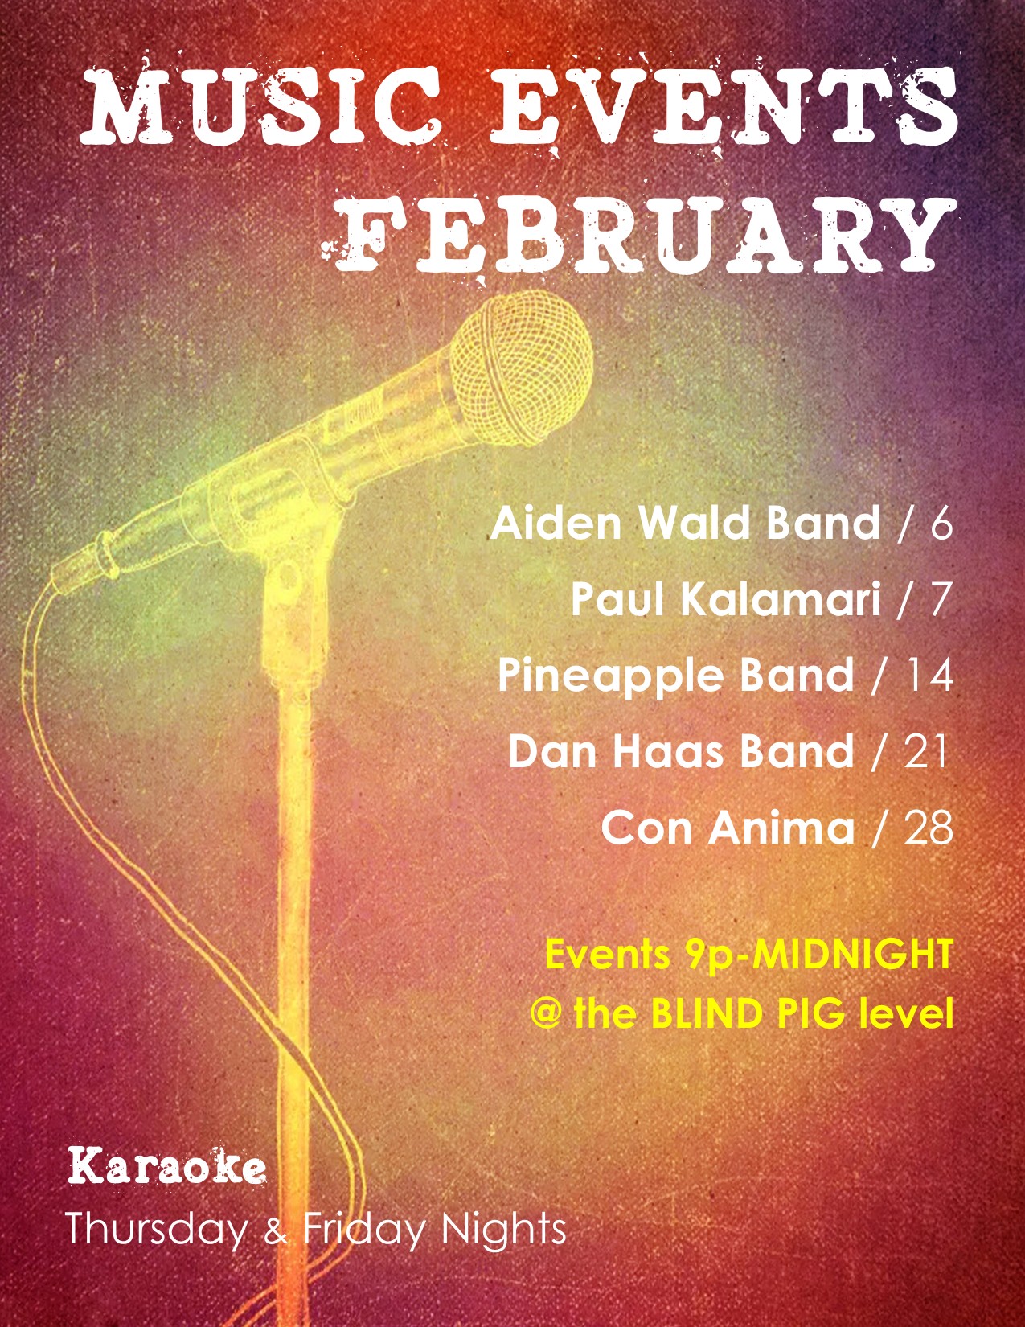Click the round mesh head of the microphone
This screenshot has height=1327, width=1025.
(x=521, y=368)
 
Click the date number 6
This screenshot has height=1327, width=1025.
(x=941, y=524)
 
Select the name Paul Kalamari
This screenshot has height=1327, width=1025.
(x=726, y=600)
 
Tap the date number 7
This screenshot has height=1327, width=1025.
(x=941, y=600)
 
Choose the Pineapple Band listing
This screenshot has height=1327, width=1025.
(x=676, y=676)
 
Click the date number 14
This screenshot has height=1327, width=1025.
(x=928, y=676)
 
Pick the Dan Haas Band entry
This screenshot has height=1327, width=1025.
(x=681, y=751)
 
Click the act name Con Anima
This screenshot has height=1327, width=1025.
(x=728, y=828)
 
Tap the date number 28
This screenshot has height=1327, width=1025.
(x=929, y=828)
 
